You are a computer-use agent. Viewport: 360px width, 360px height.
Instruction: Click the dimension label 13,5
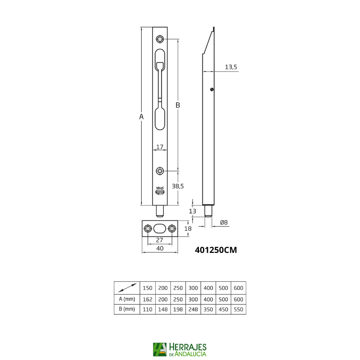[x=231, y=67]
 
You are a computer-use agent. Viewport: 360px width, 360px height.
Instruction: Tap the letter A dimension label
[x=141, y=117]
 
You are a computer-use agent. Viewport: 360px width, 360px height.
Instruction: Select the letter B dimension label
[x=178, y=105]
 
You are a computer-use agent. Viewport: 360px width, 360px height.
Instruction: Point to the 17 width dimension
[x=159, y=147]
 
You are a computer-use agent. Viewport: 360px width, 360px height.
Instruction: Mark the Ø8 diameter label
[x=225, y=222]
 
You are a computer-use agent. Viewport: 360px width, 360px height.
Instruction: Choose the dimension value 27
[x=159, y=240]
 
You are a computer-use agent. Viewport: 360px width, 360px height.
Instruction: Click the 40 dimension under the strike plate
[x=159, y=248]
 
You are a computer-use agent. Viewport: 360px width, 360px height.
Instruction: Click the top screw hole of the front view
[x=160, y=39]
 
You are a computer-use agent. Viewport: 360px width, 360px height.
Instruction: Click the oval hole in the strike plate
[x=160, y=229]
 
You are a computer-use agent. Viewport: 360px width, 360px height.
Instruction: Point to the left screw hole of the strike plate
[x=148, y=229]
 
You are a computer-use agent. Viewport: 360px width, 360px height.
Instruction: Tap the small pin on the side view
[x=211, y=90]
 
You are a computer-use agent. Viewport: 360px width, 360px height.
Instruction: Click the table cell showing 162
[x=147, y=299]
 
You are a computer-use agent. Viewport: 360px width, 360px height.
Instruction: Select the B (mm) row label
[x=126, y=309]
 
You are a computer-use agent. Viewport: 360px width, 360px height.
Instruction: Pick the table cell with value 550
[x=238, y=309]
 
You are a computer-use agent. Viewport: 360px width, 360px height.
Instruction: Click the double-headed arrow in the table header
[x=126, y=287]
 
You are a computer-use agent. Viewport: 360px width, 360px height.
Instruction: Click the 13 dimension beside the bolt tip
[x=193, y=211]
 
